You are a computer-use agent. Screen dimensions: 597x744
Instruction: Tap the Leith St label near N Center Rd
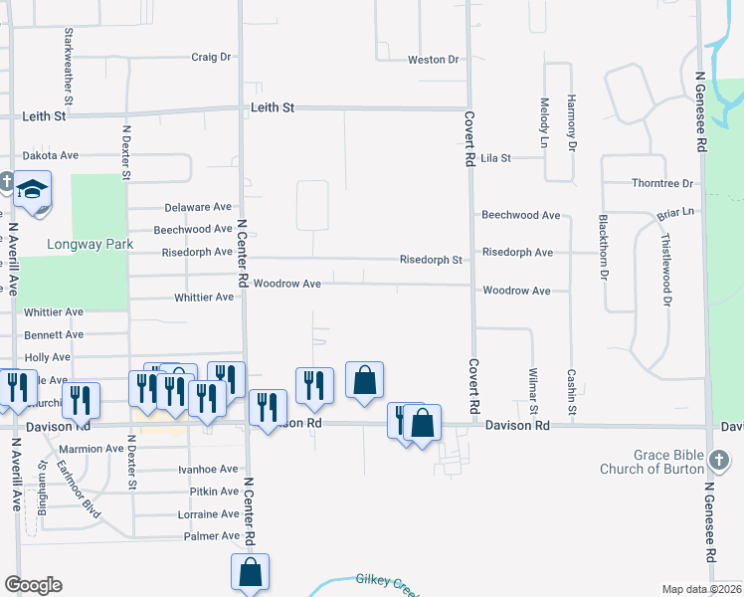tap(274, 107)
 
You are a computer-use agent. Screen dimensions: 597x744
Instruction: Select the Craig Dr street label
tap(211, 58)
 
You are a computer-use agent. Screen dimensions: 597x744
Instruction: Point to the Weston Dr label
tap(433, 61)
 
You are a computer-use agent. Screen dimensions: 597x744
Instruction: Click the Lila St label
tap(495, 158)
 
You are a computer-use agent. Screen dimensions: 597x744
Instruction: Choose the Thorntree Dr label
tap(662, 184)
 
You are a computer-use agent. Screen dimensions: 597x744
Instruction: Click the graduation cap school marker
tap(33, 189)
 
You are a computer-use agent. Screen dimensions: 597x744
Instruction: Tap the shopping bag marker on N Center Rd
tap(250, 573)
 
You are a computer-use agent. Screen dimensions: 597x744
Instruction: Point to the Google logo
tap(34, 585)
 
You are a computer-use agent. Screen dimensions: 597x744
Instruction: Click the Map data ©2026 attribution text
tap(702, 589)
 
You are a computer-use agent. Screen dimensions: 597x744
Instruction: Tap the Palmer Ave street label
tap(213, 537)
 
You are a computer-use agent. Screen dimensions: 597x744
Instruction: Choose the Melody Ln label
tap(544, 117)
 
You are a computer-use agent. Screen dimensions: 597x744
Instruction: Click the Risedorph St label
tap(431, 261)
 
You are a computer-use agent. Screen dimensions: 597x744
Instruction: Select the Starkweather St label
tap(69, 66)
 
